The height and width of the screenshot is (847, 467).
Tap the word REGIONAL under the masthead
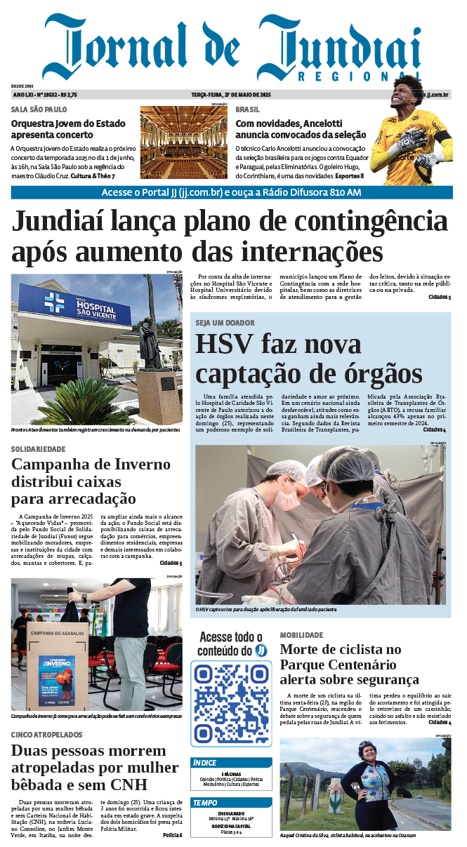(x=359, y=76)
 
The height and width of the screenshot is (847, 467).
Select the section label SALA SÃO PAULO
(x=39, y=109)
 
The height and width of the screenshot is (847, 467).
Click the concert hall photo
(x=184, y=142)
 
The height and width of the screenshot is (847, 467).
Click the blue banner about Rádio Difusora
(x=232, y=192)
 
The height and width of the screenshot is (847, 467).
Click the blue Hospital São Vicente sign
(x=74, y=306)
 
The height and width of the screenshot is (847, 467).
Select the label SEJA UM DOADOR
(x=225, y=323)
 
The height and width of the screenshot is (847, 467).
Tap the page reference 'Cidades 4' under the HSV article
(x=434, y=429)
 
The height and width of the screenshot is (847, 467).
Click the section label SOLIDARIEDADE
(x=39, y=449)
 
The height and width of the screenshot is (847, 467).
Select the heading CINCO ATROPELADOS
(x=46, y=734)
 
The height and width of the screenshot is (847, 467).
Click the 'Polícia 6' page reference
(x=172, y=834)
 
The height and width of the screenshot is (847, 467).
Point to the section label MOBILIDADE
(x=301, y=635)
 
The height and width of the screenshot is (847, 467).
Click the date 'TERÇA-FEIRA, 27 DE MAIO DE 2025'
(x=231, y=95)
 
